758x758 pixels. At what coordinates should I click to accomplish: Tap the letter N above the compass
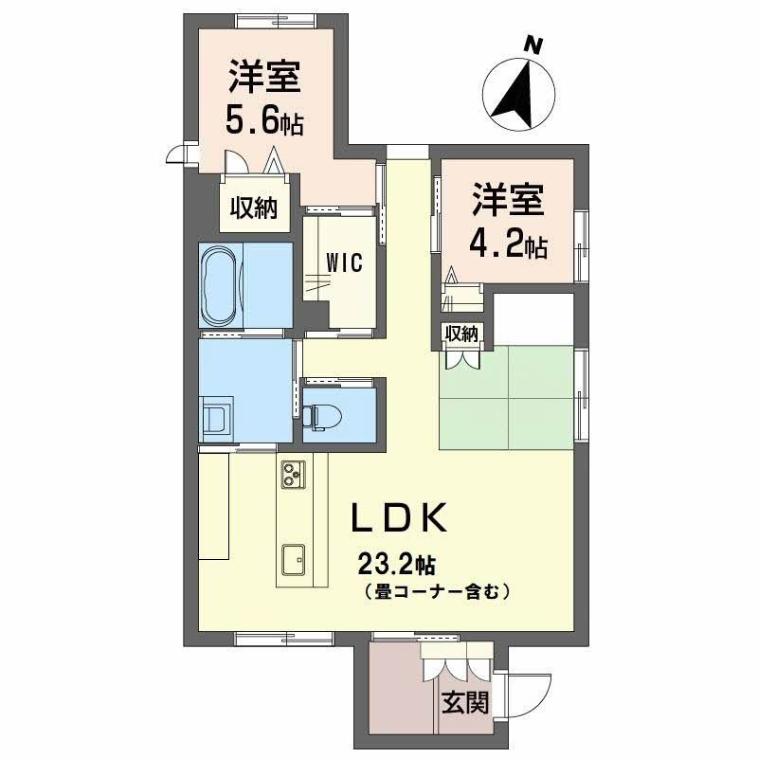pos(534,44)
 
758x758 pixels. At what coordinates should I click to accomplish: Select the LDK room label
pos(399,520)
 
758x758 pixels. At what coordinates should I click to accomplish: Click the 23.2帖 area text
pos(396,565)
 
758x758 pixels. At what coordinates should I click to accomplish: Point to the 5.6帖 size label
pos(263,121)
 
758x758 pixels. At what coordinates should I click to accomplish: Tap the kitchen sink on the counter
pos(292,561)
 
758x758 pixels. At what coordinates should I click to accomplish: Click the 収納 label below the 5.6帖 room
pos(251,208)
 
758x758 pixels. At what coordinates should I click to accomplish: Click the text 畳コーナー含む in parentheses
pos(437,592)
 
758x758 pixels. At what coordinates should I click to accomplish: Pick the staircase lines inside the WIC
pos(316,285)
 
